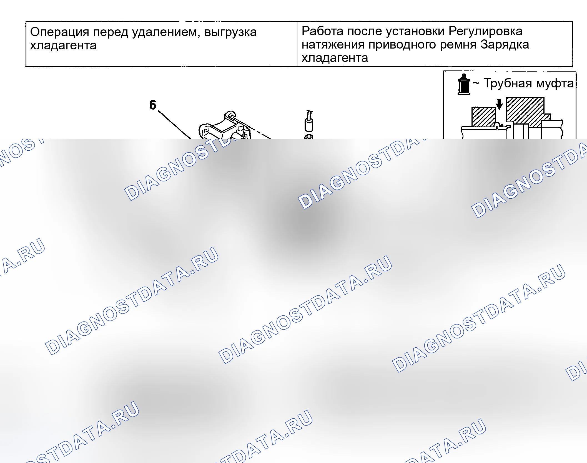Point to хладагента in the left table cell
[x=63, y=45]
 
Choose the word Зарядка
[x=505, y=45]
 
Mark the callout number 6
[x=153, y=105]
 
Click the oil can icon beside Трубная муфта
[x=464, y=84]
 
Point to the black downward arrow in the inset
[x=499, y=104]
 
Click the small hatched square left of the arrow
[x=484, y=117]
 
